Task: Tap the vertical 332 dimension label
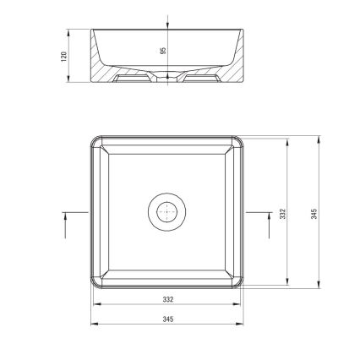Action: point(283,214)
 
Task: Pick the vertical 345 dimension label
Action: point(314,214)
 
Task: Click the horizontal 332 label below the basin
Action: point(167,299)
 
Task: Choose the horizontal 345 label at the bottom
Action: point(167,319)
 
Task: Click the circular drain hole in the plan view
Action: point(167,210)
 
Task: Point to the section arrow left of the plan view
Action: point(67,221)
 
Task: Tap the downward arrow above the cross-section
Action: point(167,23)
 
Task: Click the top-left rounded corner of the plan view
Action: point(95,141)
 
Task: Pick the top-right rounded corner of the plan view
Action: point(239,141)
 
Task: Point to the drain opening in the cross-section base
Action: point(167,79)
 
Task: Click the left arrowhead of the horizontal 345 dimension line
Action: point(93,324)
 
